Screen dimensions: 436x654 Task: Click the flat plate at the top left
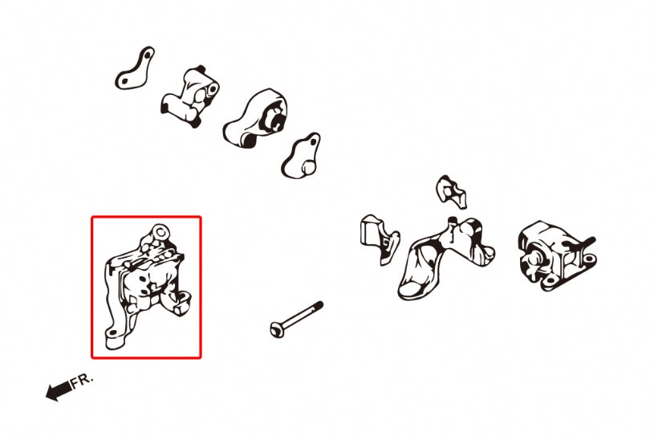click(135, 69)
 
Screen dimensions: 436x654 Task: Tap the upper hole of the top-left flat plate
click(148, 53)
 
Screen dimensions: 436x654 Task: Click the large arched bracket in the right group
click(437, 257)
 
